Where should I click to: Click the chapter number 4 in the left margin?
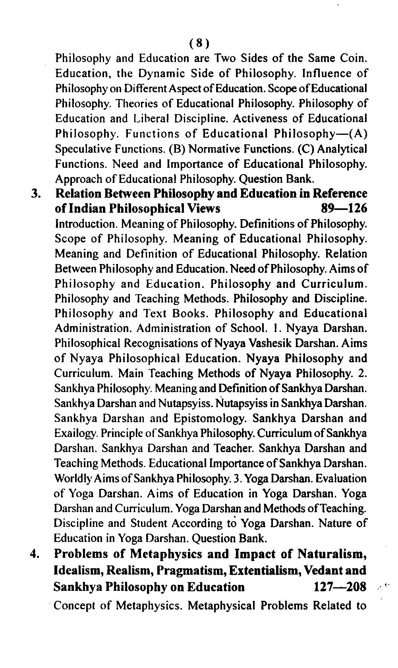(35, 554)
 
